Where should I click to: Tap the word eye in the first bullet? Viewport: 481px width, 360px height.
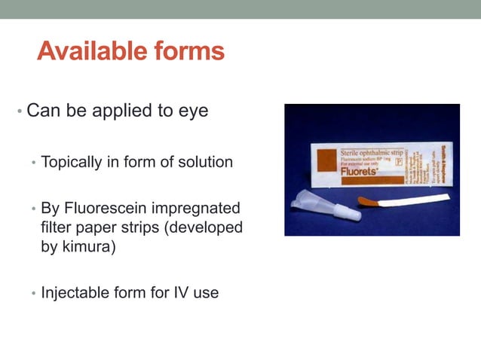(x=192, y=111)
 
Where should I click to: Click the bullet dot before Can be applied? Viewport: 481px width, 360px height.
(x=19, y=113)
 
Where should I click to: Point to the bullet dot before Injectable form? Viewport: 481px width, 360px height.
(x=32, y=293)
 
